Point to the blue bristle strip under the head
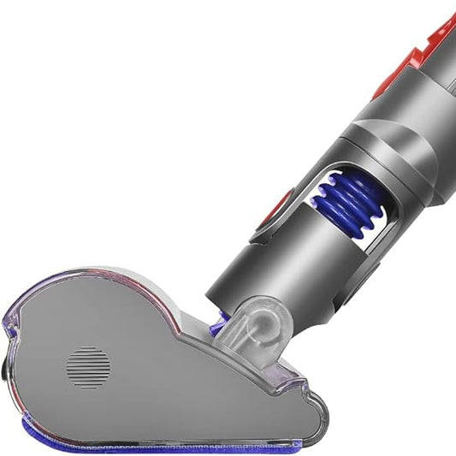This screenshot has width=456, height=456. pyautogui.click(x=171, y=441)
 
